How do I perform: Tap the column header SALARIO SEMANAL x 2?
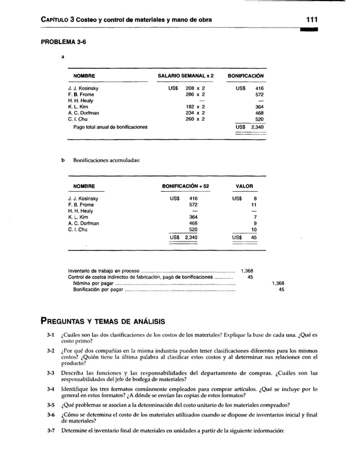click(186, 76)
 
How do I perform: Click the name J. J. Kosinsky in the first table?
click(83, 89)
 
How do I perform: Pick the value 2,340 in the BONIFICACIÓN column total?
click(257, 128)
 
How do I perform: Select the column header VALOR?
click(244, 186)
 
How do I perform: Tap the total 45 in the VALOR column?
click(254, 238)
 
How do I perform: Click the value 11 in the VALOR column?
click(254, 205)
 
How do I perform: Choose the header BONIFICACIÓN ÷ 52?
click(186, 186)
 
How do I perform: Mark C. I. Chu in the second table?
click(78, 230)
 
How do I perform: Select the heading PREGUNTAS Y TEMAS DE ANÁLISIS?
click(102, 322)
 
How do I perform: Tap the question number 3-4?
click(51, 389)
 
